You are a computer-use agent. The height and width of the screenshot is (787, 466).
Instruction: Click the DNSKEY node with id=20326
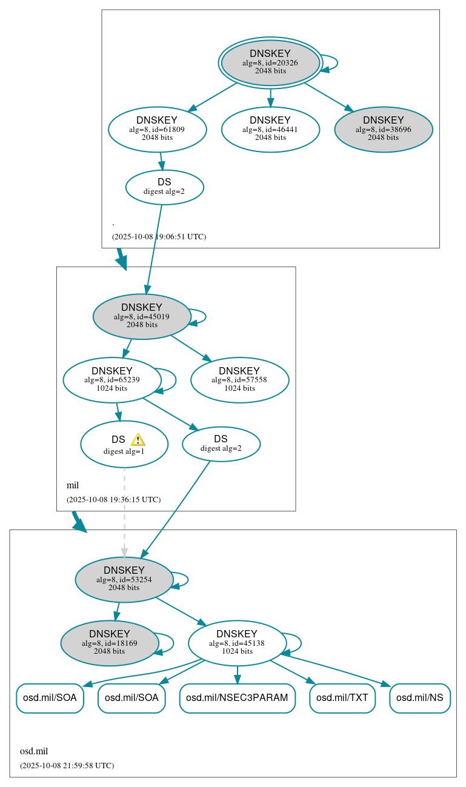[270, 62]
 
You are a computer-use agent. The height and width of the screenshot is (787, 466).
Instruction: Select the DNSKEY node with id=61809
[158, 129]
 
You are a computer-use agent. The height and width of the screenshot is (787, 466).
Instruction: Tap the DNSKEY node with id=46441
[270, 129]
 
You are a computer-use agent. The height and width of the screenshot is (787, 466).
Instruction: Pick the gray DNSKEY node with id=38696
[383, 129]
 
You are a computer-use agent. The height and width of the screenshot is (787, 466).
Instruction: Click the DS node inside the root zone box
[164, 187]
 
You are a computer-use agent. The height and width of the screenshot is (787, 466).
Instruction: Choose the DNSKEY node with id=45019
[142, 316]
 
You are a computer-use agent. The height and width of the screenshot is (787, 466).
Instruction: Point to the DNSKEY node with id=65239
[112, 380]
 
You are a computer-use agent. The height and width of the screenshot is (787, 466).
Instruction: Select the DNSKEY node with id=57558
[239, 380]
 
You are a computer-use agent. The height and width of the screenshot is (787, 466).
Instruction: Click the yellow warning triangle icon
[138, 439]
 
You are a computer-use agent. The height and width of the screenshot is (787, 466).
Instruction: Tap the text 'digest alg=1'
[124, 451]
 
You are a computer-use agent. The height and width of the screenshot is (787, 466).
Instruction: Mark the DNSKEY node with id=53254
[124, 579]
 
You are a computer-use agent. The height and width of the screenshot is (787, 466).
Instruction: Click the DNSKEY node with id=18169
[110, 643]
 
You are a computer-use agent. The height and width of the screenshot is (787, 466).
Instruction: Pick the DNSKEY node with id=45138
[237, 643]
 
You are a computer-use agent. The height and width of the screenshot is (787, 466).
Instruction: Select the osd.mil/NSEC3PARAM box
[237, 698]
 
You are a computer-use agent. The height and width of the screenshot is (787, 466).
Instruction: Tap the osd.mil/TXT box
[342, 698]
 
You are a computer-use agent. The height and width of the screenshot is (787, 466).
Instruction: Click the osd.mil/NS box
[419, 698]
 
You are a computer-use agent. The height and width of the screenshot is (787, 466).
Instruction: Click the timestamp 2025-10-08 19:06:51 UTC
[159, 236]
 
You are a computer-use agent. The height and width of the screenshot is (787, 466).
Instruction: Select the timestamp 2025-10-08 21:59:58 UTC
[67, 765]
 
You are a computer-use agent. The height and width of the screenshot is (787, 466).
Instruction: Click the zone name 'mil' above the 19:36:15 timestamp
[73, 485]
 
